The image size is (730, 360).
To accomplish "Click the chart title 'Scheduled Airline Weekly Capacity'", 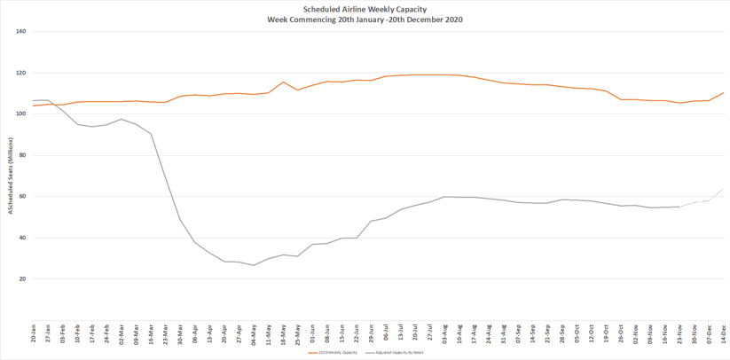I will tap(365, 10).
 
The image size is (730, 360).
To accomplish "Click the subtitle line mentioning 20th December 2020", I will tap(365, 20).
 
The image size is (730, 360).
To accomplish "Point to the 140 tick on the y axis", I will tap(21, 32).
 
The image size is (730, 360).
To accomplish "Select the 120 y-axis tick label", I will tap(21, 73).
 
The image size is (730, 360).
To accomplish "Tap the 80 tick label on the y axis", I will tap(23, 155).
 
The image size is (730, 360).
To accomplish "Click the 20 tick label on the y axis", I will tap(23, 278).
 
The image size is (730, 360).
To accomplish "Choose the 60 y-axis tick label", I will tap(23, 196).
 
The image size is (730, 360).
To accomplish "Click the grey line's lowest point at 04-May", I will tap(254, 265).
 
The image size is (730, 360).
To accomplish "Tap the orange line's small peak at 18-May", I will tap(283, 82).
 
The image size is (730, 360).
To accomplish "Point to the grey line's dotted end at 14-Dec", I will tap(723, 189).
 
